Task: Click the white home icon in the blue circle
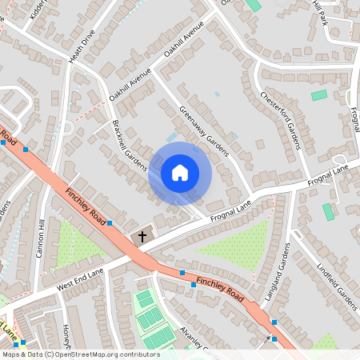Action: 180,173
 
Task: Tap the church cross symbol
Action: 142,237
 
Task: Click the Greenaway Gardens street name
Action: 204,131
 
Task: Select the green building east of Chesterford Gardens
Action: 319,95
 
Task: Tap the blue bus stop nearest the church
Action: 110,223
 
